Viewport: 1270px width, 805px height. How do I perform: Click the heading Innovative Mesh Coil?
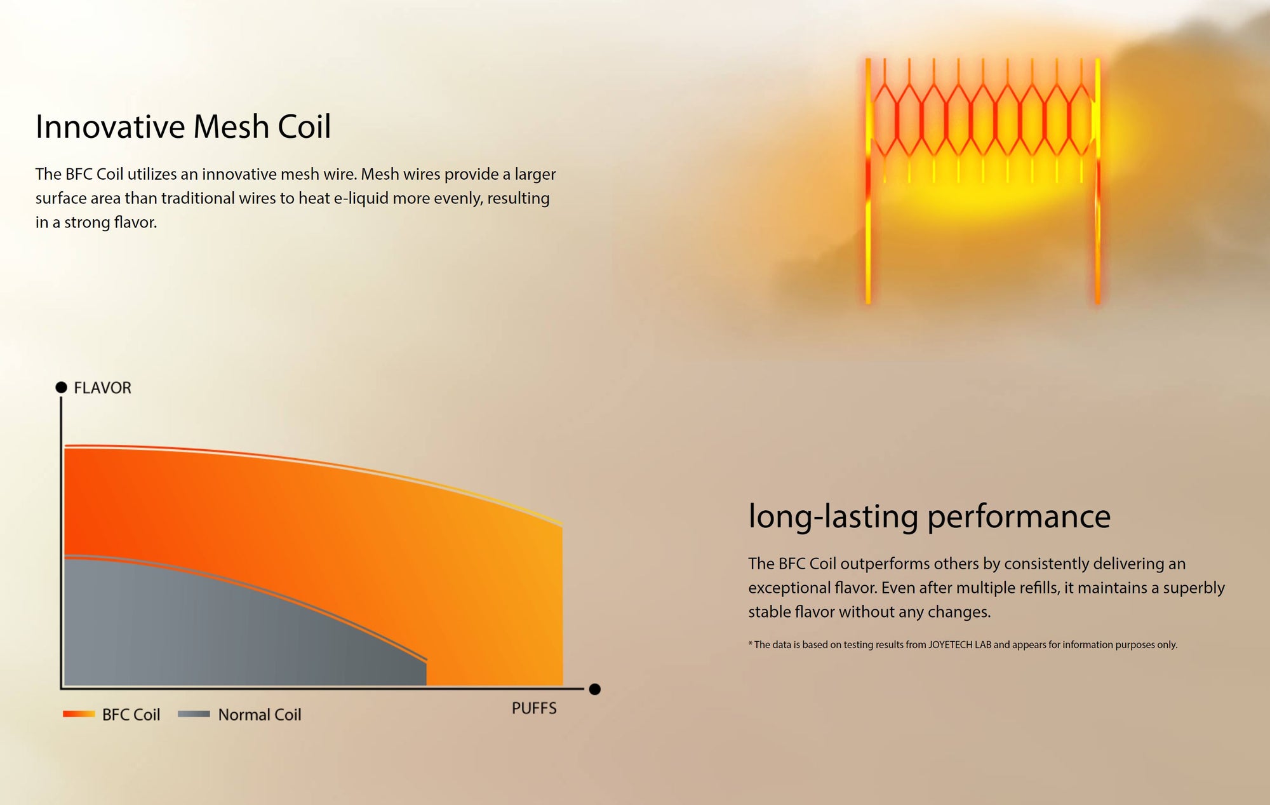coord(183,126)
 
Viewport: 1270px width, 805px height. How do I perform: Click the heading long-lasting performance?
coord(929,517)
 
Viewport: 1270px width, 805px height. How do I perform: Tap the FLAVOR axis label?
coord(102,388)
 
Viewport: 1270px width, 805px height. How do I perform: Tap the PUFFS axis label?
coord(534,708)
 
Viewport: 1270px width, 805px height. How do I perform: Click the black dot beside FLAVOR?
coord(62,387)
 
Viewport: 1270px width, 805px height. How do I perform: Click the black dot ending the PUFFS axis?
coord(594,689)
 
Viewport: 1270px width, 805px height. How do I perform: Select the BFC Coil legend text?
coord(131,715)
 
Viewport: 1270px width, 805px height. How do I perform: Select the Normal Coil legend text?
coord(260,715)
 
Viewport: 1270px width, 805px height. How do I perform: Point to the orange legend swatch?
coord(79,714)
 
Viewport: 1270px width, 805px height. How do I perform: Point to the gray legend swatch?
coord(194,714)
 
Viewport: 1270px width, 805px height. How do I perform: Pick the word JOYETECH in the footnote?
coord(950,645)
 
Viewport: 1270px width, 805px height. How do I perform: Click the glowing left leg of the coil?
coord(868,181)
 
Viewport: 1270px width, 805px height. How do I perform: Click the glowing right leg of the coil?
coord(1097,181)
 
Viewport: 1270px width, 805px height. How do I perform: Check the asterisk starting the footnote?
coord(750,644)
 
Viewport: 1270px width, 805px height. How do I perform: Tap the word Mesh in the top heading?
coord(232,126)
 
